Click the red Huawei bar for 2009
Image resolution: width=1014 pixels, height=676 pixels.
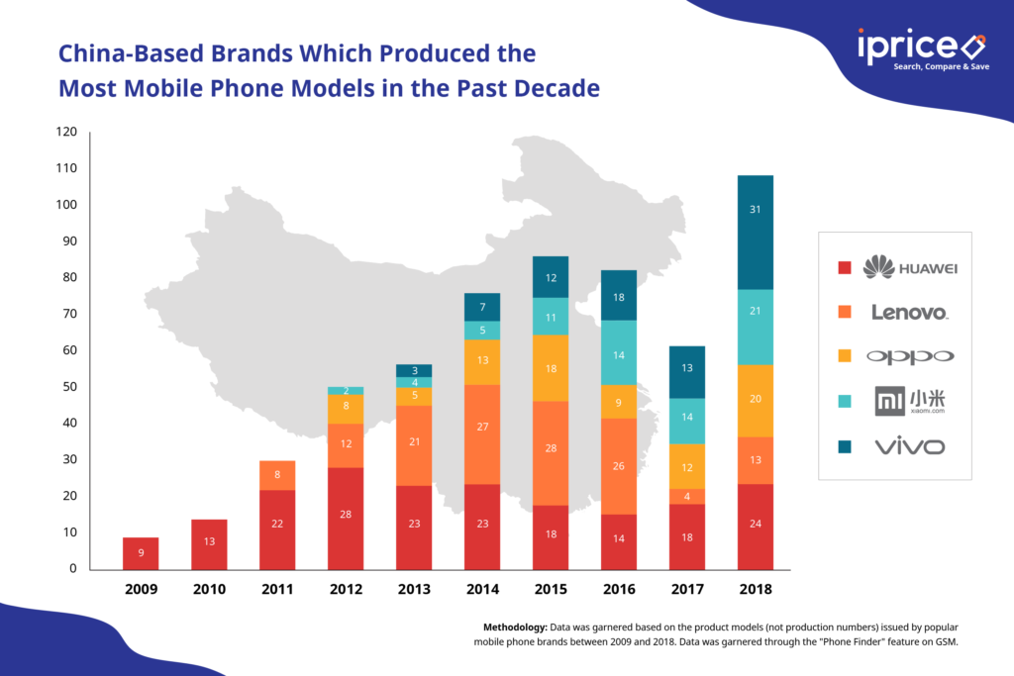point(141,553)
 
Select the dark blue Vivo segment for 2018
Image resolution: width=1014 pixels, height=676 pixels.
point(756,232)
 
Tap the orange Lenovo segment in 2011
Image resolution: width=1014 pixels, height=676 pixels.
point(277,475)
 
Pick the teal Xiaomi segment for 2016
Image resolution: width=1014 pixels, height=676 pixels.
point(619,353)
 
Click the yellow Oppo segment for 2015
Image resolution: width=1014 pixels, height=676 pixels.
point(551,368)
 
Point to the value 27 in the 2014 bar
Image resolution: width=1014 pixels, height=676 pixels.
point(482,427)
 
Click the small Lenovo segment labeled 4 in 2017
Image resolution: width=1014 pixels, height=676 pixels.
point(687,496)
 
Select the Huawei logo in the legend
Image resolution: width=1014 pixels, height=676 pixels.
point(910,267)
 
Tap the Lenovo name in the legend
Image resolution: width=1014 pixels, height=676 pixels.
point(909,312)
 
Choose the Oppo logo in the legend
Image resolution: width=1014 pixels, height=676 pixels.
point(910,356)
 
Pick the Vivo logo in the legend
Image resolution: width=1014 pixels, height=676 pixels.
point(910,446)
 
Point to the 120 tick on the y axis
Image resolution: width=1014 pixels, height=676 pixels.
point(66,132)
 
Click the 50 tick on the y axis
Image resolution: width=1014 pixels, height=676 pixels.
point(69,386)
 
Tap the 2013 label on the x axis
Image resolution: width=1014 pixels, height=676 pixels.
point(414,589)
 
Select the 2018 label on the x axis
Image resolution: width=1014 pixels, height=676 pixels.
point(756,589)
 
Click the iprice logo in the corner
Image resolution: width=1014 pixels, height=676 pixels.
point(922,48)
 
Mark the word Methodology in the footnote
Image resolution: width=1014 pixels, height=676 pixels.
point(515,627)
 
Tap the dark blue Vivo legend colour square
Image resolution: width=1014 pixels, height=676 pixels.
point(845,446)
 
